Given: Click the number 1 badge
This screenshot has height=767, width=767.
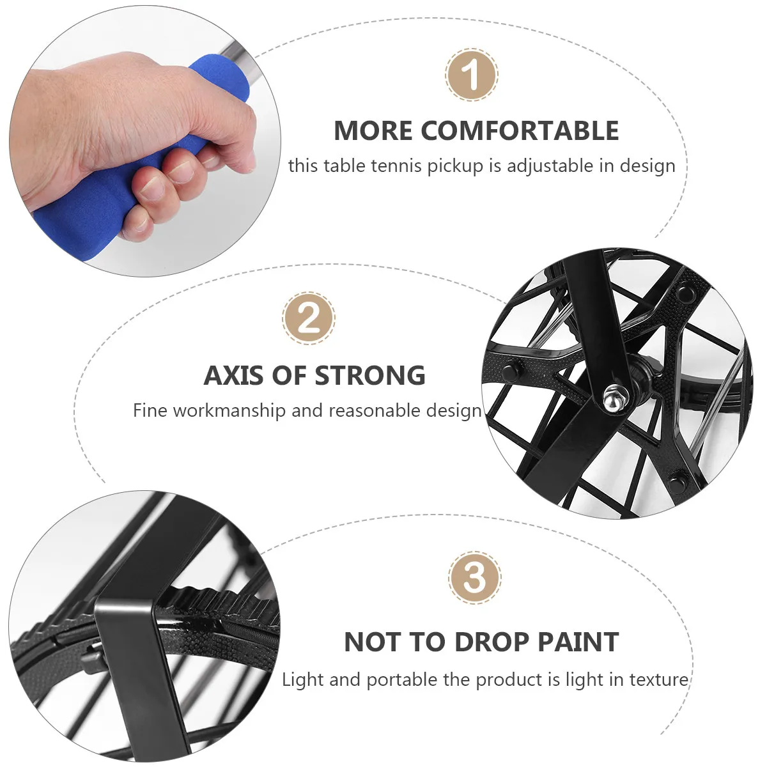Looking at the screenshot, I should [472, 75].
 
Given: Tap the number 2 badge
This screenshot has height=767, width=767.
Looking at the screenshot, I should [309, 318].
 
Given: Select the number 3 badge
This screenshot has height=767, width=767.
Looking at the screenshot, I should [474, 577].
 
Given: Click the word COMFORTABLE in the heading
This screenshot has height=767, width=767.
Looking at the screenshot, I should [520, 130].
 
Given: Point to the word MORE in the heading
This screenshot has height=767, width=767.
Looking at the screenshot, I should [373, 130].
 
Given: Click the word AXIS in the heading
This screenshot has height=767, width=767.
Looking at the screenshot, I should [234, 375].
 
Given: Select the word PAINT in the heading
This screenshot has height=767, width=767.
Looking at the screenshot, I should [578, 642].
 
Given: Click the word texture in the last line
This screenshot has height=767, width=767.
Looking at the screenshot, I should [659, 679].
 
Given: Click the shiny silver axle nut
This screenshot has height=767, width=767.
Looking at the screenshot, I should [614, 398].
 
